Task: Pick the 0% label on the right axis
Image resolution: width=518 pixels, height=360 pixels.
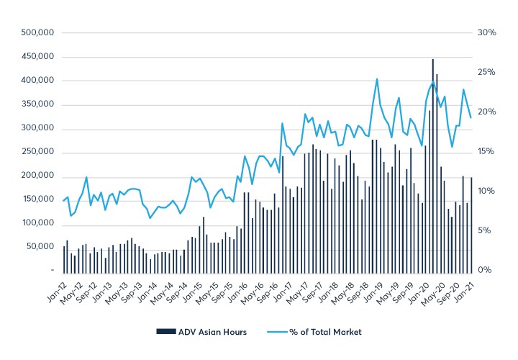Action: point(490,270)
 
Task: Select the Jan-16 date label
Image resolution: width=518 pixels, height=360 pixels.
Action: point(238,292)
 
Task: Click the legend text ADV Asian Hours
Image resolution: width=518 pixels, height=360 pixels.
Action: point(212,332)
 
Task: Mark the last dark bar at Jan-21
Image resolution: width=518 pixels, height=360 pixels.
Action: point(471,223)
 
